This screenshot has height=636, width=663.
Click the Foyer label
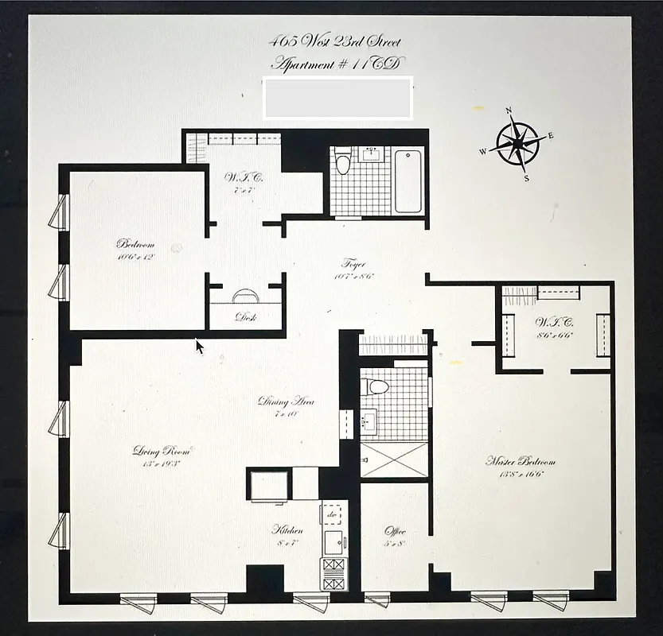[x=353, y=264]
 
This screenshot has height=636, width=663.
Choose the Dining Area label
[x=286, y=401]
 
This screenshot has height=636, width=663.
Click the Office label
[x=395, y=531]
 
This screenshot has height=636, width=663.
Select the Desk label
[x=244, y=316]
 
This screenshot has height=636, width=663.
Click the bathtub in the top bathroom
[x=408, y=180]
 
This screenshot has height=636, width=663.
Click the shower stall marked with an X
[x=394, y=460]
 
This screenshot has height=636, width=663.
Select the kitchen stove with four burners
[x=333, y=572]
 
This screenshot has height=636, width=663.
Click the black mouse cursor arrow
[x=199, y=346]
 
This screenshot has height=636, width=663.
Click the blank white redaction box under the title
[x=337, y=98]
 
